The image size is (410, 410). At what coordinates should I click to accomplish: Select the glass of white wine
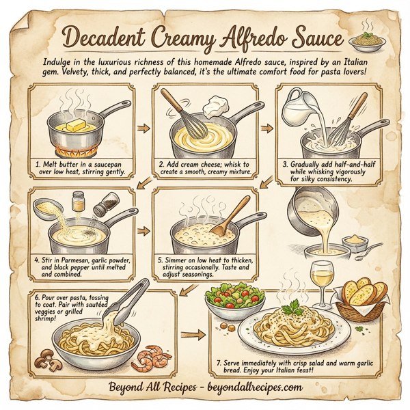point(319,279)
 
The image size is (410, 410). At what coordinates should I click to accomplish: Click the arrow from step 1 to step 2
point(143,127)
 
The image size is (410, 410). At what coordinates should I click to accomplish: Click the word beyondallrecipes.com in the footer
point(251,387)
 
